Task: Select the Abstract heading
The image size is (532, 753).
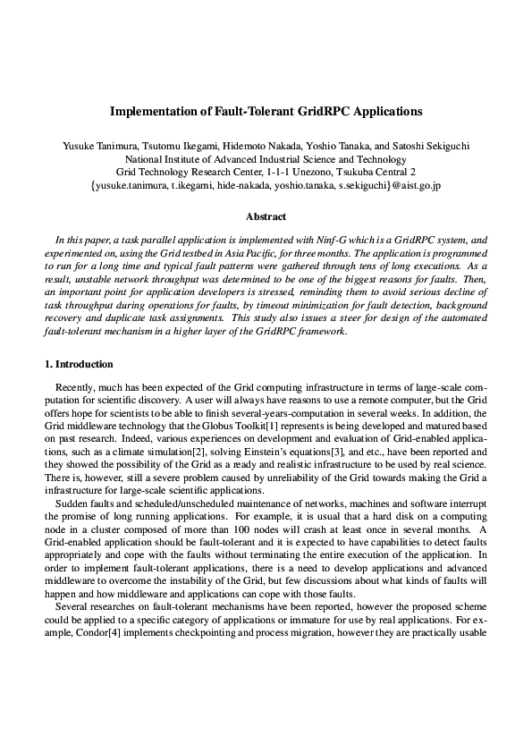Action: pyautogui.click(x=266, y=216)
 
